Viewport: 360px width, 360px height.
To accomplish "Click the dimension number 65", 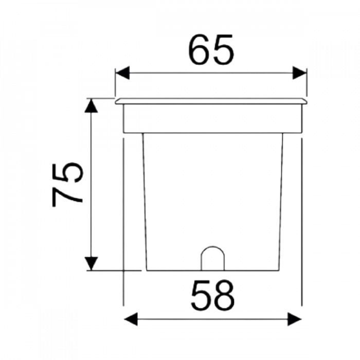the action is click(x=211, y=49).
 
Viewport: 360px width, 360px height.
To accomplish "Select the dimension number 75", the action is click(x=67, y=185).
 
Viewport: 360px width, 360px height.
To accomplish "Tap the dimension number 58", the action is click(x=212, y=296).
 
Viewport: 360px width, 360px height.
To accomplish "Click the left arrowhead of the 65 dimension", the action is click(x=122, y=73).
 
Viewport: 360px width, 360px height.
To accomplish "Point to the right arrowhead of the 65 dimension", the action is click(x=299, y=73).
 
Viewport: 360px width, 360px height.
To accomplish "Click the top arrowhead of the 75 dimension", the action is click(x=91, y=105).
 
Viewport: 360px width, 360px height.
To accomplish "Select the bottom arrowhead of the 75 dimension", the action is click(x=91, y=263).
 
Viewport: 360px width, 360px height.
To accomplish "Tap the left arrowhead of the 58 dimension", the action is click(x=131, y=319).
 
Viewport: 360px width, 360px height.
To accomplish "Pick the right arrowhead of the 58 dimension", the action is click(x=294, y=319).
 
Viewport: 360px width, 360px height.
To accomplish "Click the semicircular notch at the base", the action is click(x=212, y=247).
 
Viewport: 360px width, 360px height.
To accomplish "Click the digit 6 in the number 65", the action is click(x=199, y=49).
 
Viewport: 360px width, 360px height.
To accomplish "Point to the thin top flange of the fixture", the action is click(x=211, y=101).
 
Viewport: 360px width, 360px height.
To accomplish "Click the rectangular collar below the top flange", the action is click(x=213, y=118).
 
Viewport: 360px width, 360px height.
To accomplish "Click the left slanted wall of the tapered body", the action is click(x=145, y=202).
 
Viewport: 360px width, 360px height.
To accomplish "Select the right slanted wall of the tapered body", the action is click(x=281, y=202).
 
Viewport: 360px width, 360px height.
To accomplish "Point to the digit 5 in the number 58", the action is click(x=201, y=296).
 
